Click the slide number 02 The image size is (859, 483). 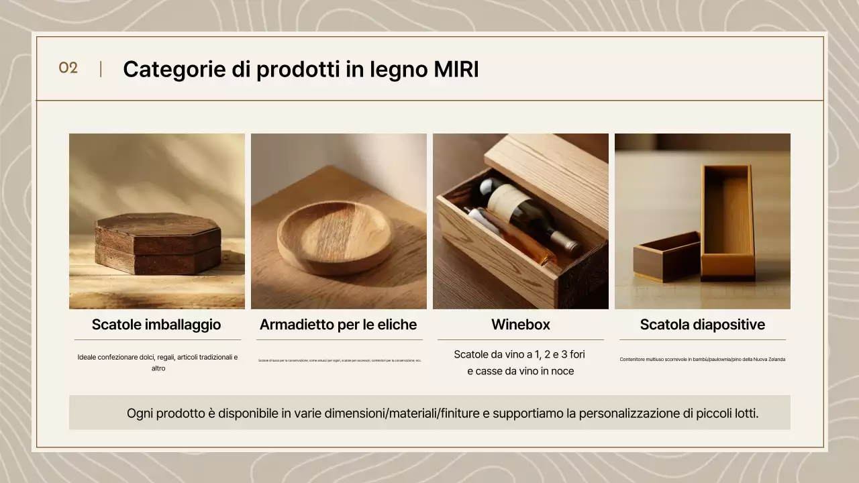[x=68, y=68]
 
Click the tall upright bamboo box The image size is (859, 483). [x=727, y=221]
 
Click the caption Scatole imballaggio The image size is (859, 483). [x=156, y=325]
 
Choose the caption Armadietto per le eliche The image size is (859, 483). [x=338, y=325]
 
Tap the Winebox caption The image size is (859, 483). [x=521, y=325]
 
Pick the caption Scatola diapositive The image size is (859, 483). [x=702, y=325]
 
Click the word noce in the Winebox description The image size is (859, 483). [x=561, y=371]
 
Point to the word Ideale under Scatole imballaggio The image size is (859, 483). [x=87, y=358]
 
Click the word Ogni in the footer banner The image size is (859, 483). [x=140, y=413]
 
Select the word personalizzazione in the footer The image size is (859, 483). [x=627, y=413]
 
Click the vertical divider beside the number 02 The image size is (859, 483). [x=101, y=68]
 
